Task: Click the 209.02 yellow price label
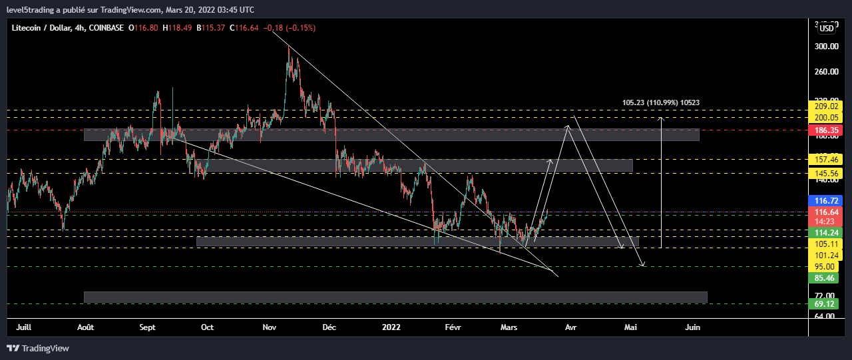point(826,106)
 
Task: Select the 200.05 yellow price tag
point(826,118)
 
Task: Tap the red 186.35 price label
point(826,130)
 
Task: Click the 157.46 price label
point(826,160)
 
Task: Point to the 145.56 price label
point(826,173)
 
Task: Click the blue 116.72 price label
point(826,200)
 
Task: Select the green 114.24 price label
point(826,233)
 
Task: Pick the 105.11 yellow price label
point(826,244)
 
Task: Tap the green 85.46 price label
point(826,277)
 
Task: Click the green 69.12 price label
point(826,304)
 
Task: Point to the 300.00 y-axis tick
point(826,47)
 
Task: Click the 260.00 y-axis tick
point(826,72)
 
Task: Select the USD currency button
point(827,28)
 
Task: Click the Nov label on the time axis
point(270,327)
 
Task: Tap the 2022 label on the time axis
point(391,327)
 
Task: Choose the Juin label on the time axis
point(693,327)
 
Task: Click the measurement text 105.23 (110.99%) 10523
point(660,102)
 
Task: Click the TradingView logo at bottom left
point(38,348)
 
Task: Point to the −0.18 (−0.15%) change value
point(290,27)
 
